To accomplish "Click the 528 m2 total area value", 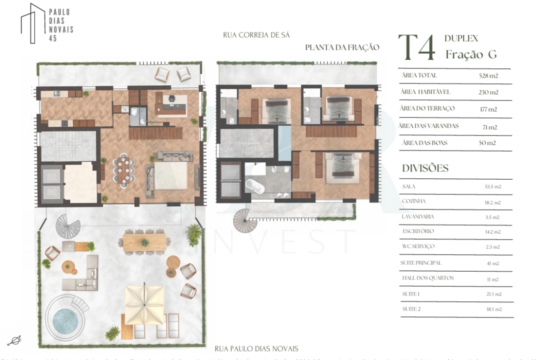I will pyautogui.click(x=488, y=76).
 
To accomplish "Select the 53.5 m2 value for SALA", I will pyautogui.click(x=492, y=186).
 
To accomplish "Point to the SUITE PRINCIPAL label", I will pyautogui.click(x=421, y=263).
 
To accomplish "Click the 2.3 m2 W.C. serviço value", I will pyautogui.click(x=492, y=247).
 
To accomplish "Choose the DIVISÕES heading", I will pyautogui.click(x=425, y=168).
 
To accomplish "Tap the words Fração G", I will pyautogui.click(x=471, y=54).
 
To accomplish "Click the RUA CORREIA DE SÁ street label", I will pyautogui.click(x=256, y=35).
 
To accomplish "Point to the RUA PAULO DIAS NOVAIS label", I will pyautogui.click(x=256, y=348).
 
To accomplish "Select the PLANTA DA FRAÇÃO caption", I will pyautogui.click(x=342, y=47).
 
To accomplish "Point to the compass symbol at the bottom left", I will pyautogui.click(x=14, y=340).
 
